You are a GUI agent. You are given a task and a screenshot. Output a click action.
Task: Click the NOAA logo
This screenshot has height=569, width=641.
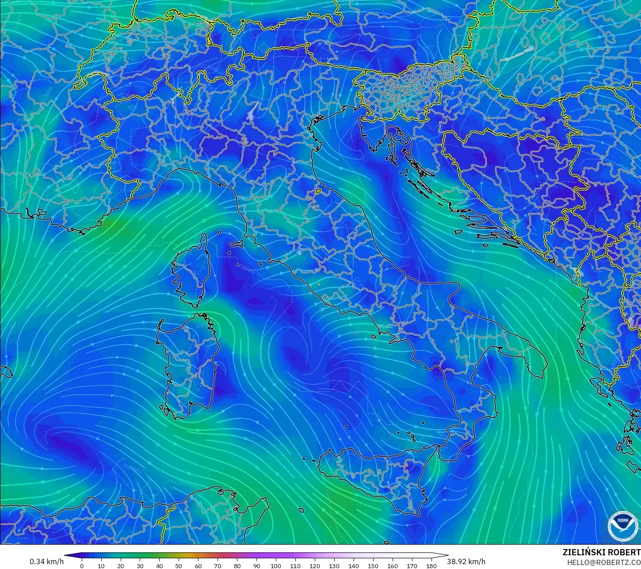[623, 526]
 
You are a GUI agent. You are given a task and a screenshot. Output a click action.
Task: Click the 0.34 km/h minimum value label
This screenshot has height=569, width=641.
[46, 561]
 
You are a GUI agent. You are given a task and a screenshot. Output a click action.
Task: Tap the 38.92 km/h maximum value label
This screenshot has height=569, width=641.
[466, 561]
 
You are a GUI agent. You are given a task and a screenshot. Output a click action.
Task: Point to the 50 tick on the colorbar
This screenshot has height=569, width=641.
[179, 565]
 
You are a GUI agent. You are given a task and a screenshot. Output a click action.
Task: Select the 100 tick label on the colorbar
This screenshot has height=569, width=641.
[276, 565]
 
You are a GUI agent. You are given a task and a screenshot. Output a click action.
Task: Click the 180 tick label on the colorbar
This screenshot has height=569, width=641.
[431, 565]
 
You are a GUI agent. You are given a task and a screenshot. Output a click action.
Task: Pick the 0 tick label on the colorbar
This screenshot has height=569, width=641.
[82, 565]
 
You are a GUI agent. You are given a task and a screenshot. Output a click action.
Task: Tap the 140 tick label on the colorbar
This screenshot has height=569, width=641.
[353, 565]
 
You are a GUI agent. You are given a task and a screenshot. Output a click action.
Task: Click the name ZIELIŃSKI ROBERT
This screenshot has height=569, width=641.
[601, 552]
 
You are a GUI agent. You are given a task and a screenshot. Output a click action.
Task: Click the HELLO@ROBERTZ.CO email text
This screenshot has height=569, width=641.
[603, 562]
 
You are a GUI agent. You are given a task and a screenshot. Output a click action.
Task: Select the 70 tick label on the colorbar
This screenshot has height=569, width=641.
[217, 565]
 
